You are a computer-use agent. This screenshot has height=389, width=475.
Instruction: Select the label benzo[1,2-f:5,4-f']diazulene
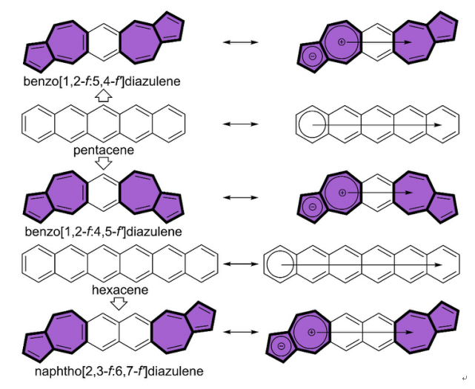[x=104, y=80]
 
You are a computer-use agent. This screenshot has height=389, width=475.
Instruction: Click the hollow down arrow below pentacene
[x=104, y=162]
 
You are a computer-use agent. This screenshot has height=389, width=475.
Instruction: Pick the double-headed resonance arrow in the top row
[x=241, y=42]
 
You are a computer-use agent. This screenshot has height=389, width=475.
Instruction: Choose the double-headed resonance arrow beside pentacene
[x=241, y=123]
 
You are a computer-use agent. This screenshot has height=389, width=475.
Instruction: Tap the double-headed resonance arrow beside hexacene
[x=241, y=262]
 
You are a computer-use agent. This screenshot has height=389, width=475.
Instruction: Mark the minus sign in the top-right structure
[x=312, y=55]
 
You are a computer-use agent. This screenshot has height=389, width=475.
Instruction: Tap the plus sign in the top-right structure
[x=342, y=41]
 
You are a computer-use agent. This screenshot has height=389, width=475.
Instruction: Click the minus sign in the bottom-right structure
[x=282, y=347]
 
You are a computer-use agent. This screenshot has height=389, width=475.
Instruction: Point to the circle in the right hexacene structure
[x=280, y=262]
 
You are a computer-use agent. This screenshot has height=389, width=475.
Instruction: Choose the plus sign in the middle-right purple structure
[x=342, y=193]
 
